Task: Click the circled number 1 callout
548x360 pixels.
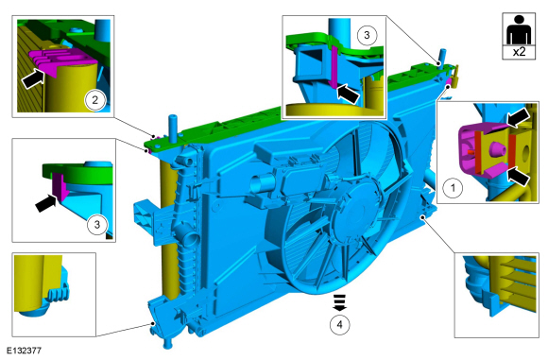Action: coord(453,188)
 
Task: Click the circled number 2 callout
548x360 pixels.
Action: coord(94,101)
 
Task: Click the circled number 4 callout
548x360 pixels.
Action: coord(340,325)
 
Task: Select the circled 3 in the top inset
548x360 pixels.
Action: coord(367,35)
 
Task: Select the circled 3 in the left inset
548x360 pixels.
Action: coord(97,224)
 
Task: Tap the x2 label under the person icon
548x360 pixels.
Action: coord(519,52)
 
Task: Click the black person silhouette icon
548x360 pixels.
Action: coord(519,30)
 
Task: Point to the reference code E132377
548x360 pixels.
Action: coord(24,351)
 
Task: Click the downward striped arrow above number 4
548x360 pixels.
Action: coord(340,302)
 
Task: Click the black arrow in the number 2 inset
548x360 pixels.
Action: coord(34,77)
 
